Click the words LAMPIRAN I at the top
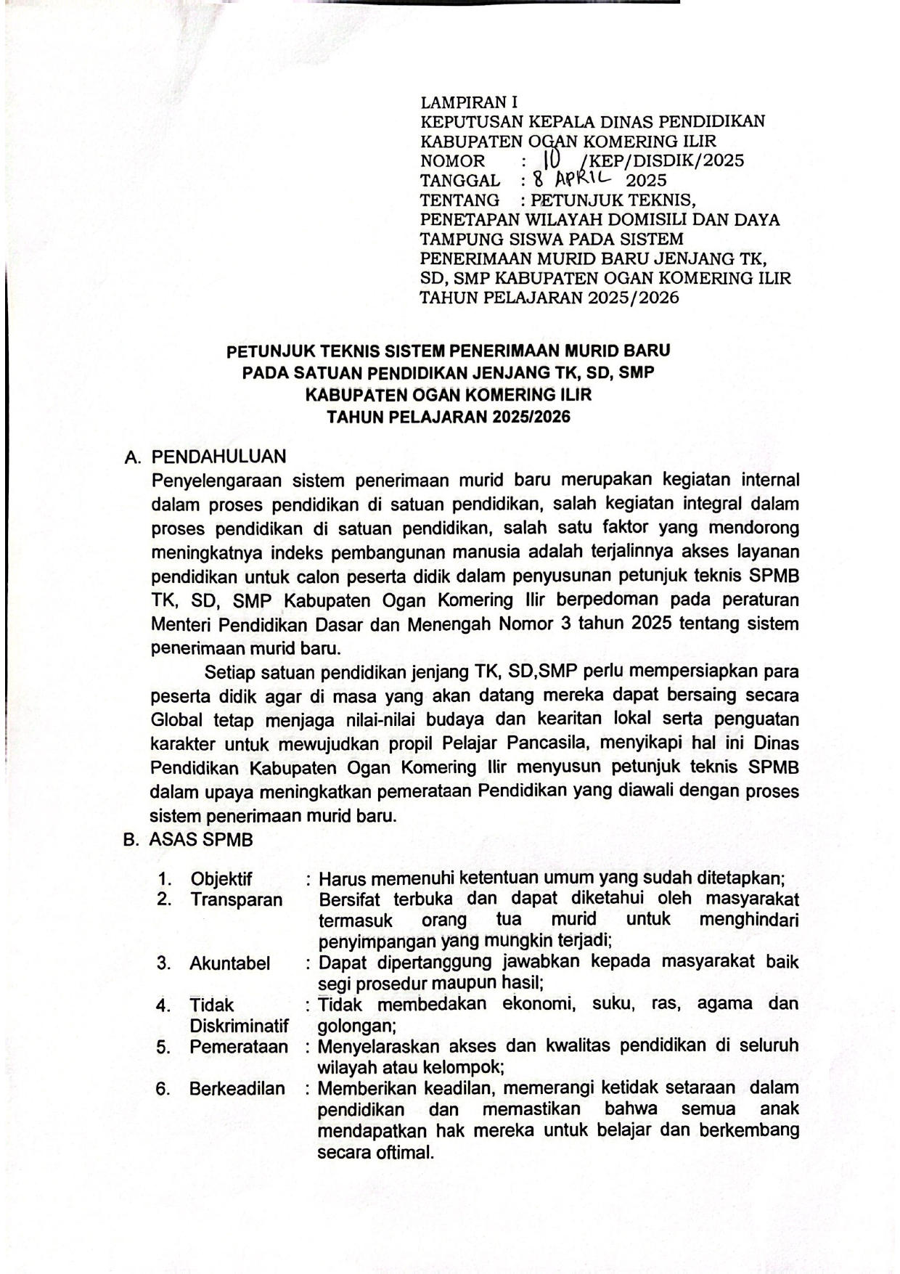(469, 102)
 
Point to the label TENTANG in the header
(459, 200)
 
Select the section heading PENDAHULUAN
(218, 457)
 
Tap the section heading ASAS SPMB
(201, 840)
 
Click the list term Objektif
(221, 879)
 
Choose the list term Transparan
(236, 900)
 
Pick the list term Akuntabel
(229, 963)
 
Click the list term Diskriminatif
(239, 1026)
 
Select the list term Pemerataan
(238, 1047)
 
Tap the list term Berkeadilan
(237, 1089)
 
